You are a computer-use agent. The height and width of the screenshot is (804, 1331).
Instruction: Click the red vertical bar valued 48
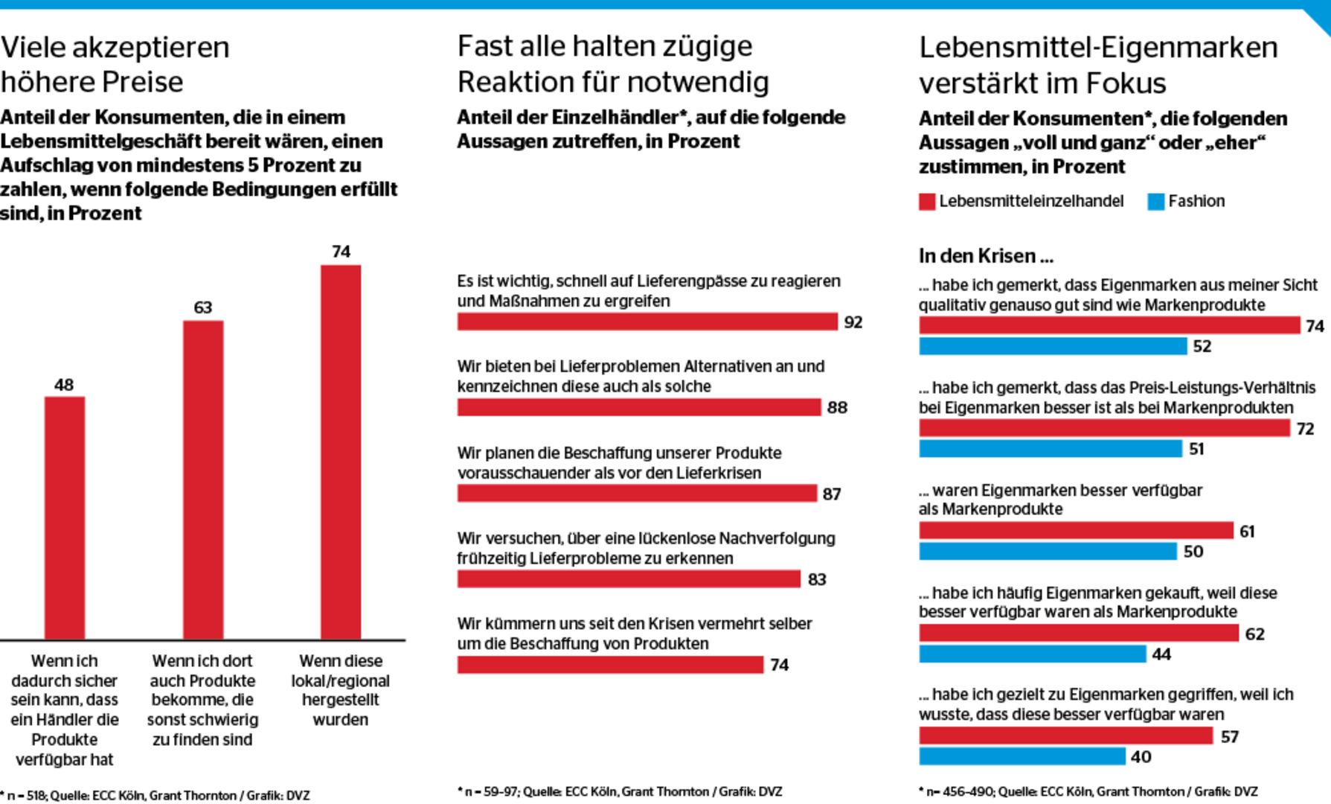[65, 517]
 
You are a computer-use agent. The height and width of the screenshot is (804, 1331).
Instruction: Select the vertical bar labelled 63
[203, 480]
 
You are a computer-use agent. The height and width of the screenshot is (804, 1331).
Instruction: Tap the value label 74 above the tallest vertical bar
[341, 252]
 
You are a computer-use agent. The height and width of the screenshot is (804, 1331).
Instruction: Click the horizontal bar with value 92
[647, 322]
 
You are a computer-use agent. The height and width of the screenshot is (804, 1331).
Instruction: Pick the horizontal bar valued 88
[639, 407]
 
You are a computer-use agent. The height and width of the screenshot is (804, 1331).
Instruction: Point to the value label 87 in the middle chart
[832, 494]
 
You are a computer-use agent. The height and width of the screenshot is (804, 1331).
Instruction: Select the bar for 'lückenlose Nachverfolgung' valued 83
[629, 579]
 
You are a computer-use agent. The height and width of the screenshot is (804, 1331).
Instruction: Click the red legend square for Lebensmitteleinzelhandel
[927, 202]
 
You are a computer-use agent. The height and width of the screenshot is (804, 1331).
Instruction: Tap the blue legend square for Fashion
[1155, 202]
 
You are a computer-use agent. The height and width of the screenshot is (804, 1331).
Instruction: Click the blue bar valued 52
[1053, 346]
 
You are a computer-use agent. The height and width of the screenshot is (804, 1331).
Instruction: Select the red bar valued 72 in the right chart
[1104, 428]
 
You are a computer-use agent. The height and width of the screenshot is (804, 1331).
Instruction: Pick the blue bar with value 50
[1048, 552]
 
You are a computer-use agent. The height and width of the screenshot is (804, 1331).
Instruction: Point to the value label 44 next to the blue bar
[1161, 654]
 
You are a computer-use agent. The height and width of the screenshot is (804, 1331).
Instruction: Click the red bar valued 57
[1065, 736]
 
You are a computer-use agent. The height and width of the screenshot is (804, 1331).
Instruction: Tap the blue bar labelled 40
[1022, 756]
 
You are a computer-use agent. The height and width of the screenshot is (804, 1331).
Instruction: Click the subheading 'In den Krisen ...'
[986, 256]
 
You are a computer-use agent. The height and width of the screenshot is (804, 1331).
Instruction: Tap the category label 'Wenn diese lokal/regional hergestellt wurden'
[341, 690]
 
